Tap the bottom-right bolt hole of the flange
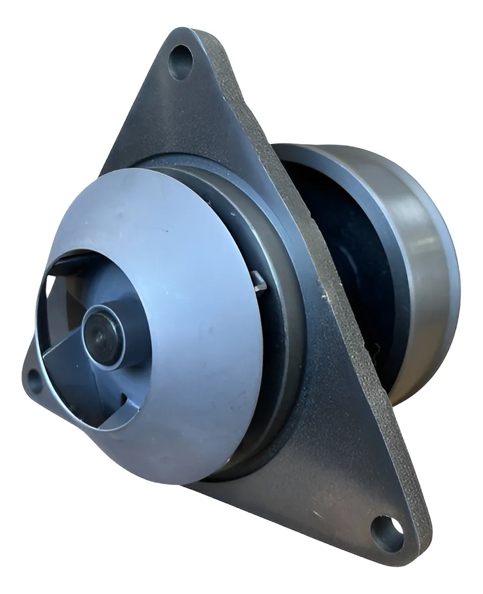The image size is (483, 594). [388, 533]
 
